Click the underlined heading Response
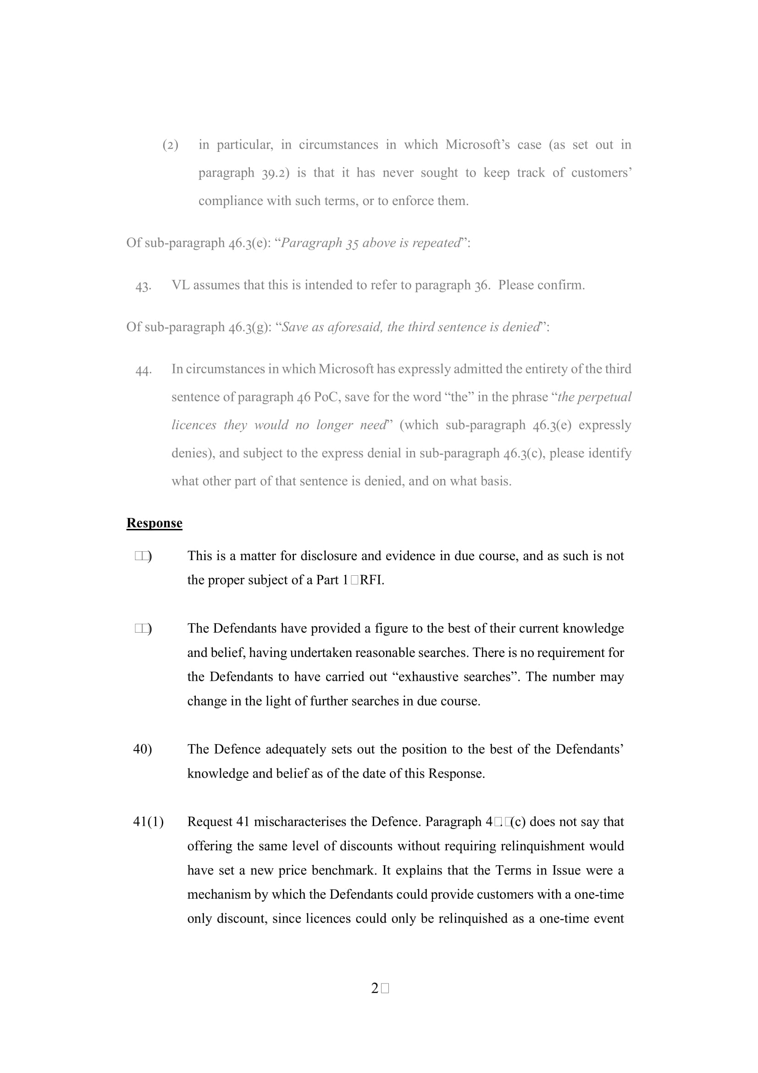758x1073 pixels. coord(154,523)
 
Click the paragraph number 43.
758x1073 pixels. coord(143,286)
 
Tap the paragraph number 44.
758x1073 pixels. coord(143,370)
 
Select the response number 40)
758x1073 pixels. coord(143,749)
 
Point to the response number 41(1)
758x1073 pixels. coord(148,822)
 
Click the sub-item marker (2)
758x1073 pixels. coord(170,145)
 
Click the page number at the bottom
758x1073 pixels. coord(379,988)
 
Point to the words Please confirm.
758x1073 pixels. coord(541,285)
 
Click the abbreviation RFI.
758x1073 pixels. coord(371,580)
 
